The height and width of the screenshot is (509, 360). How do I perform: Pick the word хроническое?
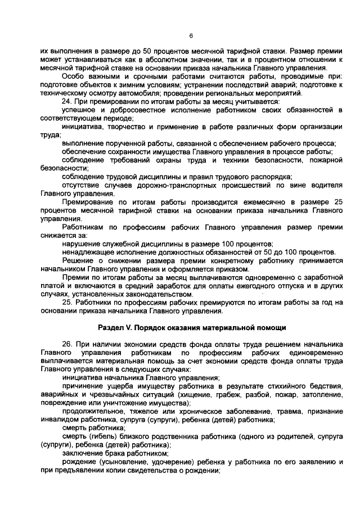point(207,412)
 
